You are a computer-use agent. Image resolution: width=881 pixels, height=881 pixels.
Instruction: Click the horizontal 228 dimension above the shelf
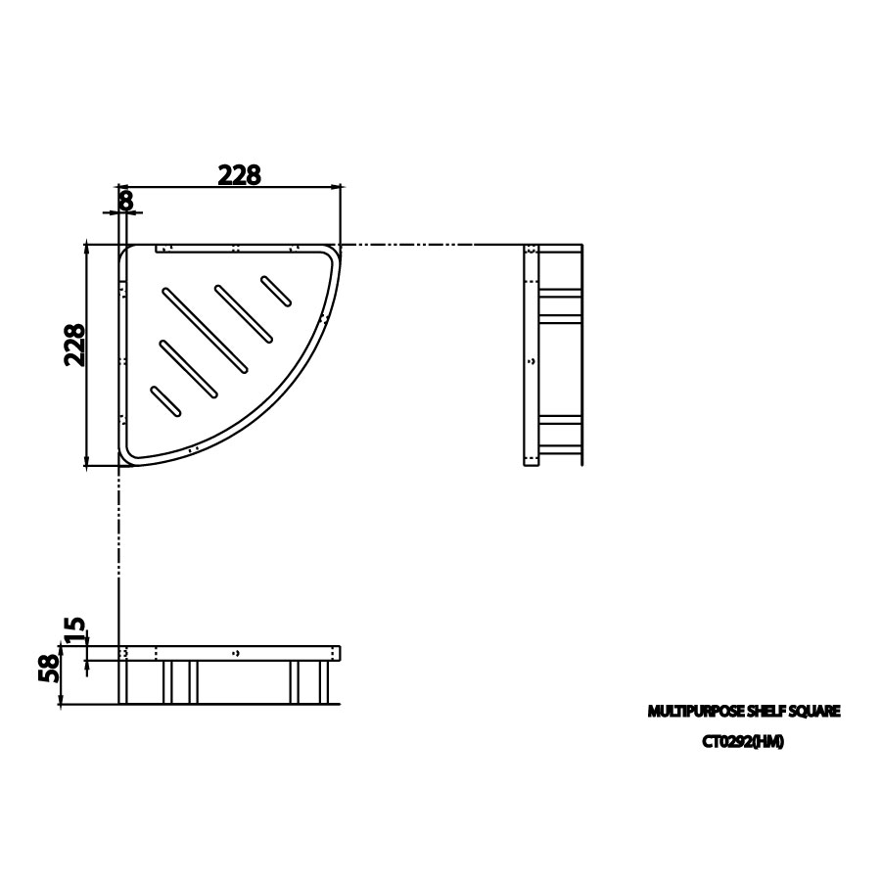click(239, 174)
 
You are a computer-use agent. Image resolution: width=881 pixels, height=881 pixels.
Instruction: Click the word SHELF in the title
click(772, 712)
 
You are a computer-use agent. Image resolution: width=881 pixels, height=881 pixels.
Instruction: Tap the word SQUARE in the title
click(818, 712)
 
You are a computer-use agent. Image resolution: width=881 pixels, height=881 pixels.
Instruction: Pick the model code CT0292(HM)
click(743, 741)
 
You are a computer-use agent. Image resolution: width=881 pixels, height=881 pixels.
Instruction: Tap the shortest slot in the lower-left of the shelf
click(164, 400)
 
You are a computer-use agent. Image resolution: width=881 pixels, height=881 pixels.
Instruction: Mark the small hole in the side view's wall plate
click(532, 361)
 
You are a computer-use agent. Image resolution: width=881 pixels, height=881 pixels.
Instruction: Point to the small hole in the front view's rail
click(236, 652)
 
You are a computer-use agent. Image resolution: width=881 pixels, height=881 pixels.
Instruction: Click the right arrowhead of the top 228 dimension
click(339, 185)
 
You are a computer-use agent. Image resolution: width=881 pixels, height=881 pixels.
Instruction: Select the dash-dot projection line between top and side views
click(431, 244)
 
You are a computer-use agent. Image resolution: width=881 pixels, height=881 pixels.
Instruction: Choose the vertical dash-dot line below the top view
click(117, 548)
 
